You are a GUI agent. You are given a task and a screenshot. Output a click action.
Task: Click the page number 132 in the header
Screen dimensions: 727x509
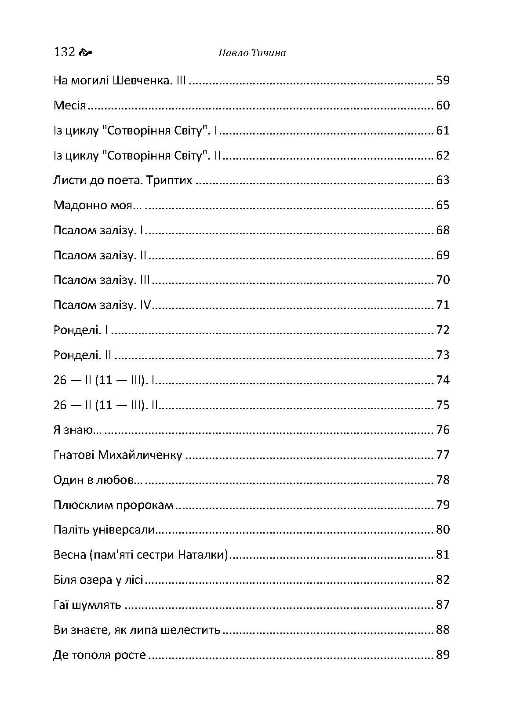(x=64, y=52)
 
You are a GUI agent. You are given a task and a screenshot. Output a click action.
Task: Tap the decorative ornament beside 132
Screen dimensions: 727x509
(x=85, y=53)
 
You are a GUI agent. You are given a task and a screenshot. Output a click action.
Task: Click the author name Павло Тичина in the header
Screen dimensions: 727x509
(x=252, y=53)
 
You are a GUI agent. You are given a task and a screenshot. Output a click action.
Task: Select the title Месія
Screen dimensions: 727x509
(x=69, y=106)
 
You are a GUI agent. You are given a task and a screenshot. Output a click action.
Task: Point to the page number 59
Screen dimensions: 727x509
(x=443, y=81)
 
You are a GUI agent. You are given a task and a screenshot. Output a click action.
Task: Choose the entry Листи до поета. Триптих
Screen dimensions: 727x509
(x=123, y=181)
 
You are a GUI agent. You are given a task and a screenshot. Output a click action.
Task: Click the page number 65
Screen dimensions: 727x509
(x=443, y=206)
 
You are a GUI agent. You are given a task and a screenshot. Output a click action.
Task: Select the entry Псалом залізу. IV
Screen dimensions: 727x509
(x=102, y=305)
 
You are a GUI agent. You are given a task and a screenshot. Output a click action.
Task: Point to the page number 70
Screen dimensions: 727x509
(x=443, y=280)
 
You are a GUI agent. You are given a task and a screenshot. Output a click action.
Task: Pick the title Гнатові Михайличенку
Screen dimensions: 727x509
(x=117, y=455)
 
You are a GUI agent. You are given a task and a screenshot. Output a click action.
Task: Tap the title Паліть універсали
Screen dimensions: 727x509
(x=104, y=530)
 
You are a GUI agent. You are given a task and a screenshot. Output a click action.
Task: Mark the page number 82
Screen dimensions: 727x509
(x=443, y=580)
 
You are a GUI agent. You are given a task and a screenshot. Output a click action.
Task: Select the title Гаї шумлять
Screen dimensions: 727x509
(x=87, y=605)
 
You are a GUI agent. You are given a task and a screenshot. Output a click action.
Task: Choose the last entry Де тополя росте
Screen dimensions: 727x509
(x=99, y=655)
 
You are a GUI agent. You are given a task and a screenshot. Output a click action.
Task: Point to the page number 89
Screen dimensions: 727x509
(x=443, y=655)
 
